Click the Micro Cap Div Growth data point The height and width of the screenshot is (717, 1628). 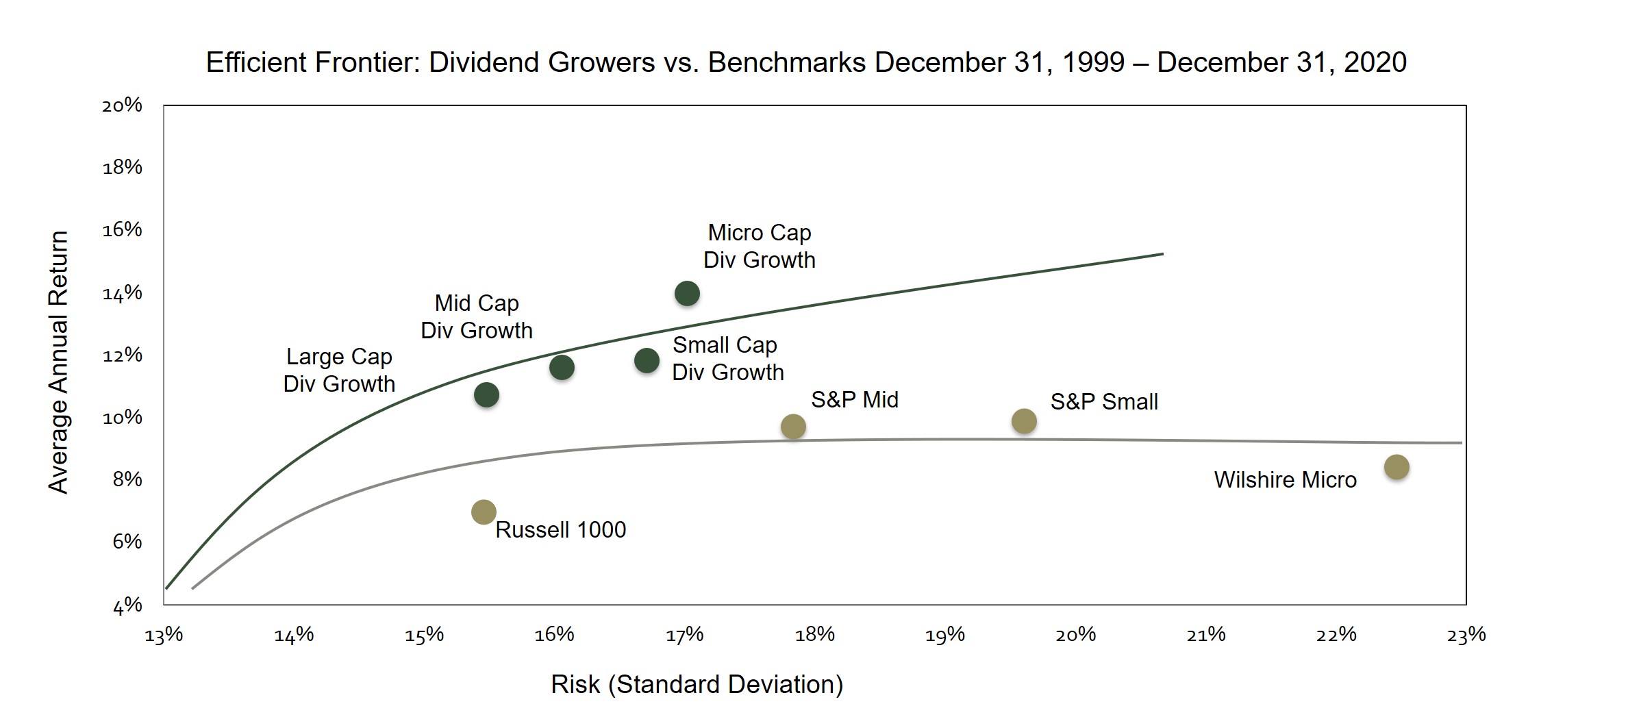[687, 294]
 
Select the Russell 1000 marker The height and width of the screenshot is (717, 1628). [484, 512]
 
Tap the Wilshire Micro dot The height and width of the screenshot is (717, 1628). [1397, 467]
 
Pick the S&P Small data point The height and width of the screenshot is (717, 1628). [1024, 421]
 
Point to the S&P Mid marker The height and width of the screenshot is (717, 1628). [793, 427]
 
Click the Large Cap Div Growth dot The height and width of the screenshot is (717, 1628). [486, 394]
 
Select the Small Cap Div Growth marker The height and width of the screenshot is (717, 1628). [647, 360]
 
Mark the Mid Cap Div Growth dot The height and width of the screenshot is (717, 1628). [562, 368]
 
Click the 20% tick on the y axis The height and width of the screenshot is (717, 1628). [122, 105]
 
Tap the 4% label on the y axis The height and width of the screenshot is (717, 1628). [127, 606]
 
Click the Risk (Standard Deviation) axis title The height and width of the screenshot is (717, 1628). [697, 684]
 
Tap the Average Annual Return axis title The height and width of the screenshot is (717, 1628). [59, 362]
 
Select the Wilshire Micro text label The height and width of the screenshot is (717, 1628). [1285, 479]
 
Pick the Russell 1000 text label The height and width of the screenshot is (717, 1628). [560, 529]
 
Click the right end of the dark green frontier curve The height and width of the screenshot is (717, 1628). [1162, 254]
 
